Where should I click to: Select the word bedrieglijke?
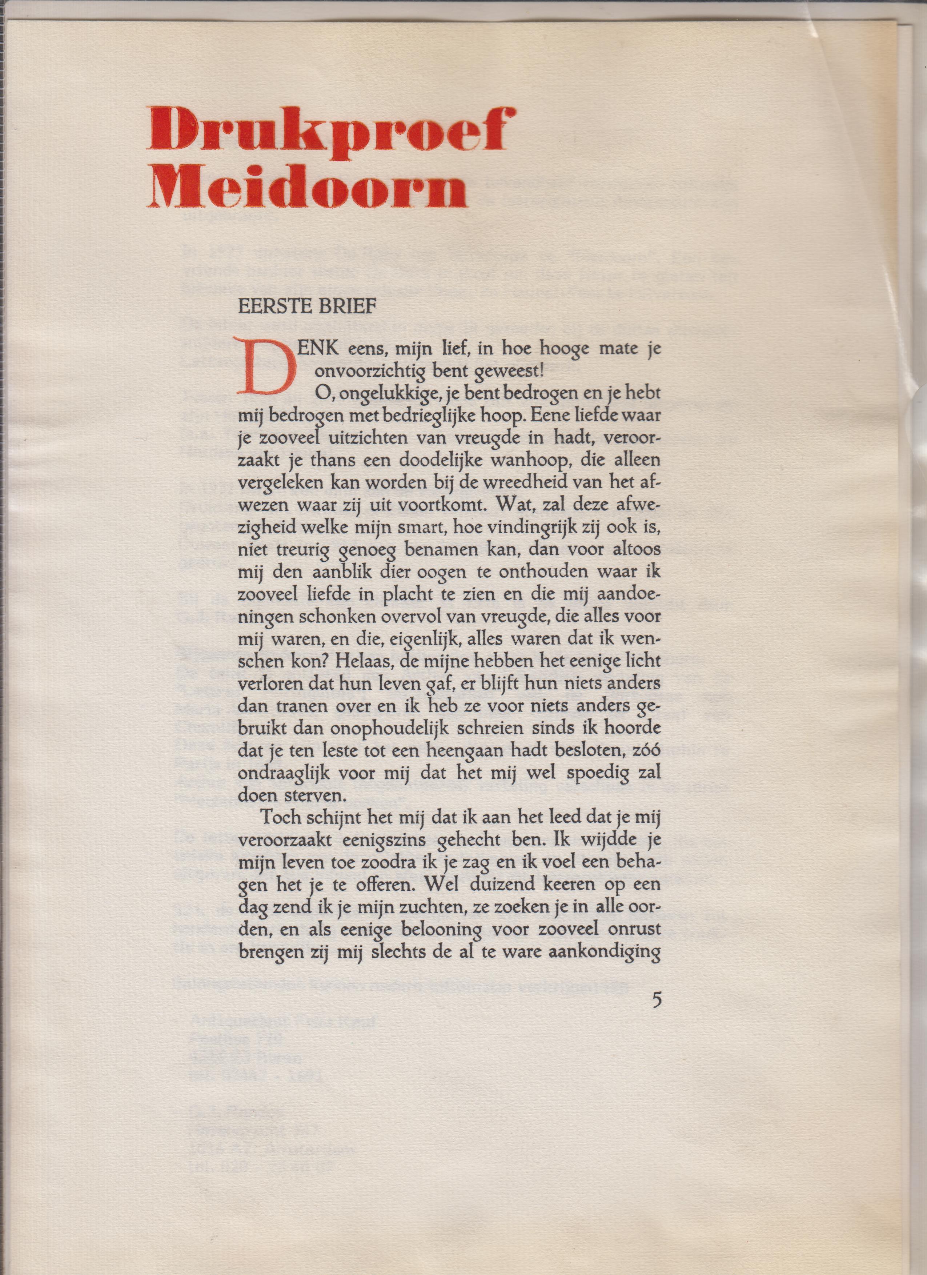421,416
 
